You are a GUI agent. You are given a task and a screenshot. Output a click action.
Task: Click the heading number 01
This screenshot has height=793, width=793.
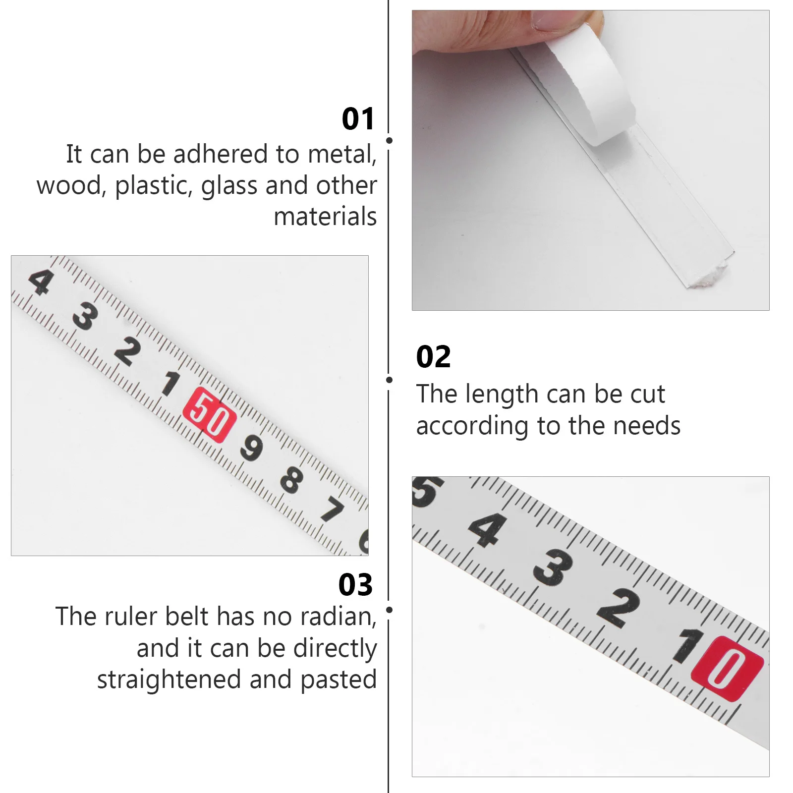click(358, 119)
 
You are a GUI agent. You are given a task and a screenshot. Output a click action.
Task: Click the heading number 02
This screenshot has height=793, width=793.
click(433, 357)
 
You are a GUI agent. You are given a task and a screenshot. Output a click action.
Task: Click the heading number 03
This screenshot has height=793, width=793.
click(355, 584)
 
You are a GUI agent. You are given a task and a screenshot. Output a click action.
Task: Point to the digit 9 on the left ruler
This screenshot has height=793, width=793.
click(251, 448)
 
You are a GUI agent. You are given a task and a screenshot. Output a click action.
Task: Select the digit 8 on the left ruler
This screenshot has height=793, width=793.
click(291, 479)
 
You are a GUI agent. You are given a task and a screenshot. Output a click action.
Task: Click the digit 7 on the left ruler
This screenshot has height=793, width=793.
click(332, 510)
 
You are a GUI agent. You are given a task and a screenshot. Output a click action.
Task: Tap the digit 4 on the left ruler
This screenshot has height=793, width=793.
click(40, 282)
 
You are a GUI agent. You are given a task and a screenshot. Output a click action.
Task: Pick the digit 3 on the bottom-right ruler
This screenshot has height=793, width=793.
click(553, 568)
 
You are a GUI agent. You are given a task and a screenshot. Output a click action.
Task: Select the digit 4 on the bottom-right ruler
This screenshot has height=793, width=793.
click(488, 529)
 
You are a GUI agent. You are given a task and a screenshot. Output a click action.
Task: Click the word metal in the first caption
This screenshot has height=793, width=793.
click(341, 154)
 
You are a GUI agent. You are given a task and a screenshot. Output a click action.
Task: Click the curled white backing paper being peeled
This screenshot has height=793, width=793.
click(590, 92)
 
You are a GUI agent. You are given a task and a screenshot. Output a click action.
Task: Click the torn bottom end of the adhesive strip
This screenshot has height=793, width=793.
click(706, 278)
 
